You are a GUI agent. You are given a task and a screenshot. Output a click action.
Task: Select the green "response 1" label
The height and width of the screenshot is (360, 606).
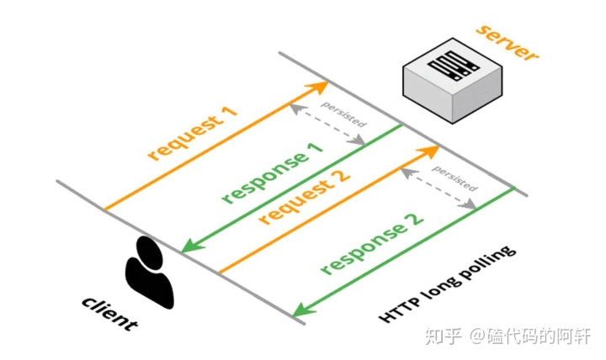click(272, 173)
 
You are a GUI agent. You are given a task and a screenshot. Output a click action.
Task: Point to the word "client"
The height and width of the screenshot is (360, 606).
click(109, 313)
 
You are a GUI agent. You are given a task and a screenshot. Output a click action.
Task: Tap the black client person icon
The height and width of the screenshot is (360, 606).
click(150, 273)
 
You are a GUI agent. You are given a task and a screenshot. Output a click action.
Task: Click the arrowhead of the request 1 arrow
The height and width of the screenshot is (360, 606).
click(321, 86)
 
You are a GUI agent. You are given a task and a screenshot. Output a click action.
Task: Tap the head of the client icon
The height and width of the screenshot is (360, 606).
click(148, 250)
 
